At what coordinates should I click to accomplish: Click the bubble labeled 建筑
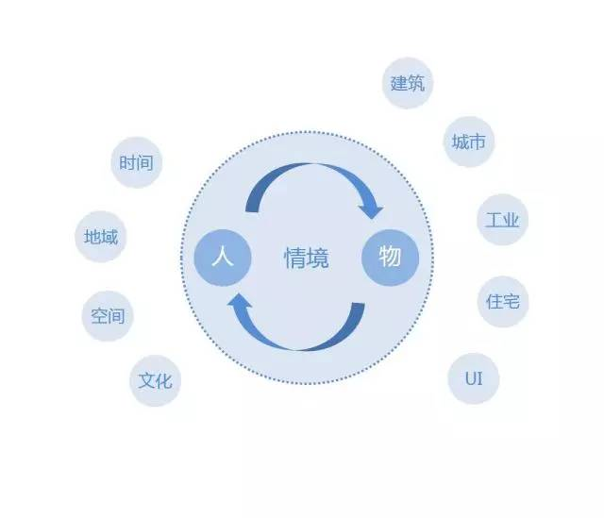click(x=408, y=83)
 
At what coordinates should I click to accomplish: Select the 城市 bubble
click(x=469, y=142)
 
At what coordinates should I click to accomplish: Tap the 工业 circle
click(x=502, y=221)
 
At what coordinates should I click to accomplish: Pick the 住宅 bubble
click(x=502, y=302)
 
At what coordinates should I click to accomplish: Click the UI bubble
click(x=473, y=378)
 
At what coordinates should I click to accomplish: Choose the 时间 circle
click(x=136, y=162)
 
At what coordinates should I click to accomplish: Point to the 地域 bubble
click(x=101, y=237)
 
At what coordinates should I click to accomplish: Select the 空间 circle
click(x=108, y=316)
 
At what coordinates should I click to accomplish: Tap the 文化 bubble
click(x=155, y=381)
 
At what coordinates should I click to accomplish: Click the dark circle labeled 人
click(x=223, y=257)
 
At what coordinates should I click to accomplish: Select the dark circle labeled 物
click(x=390, y=257)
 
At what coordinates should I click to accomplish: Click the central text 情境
click(x=307, y=258)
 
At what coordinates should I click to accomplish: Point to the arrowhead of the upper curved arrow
click(x=373, y=209)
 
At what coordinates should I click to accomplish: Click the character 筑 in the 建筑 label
click(x=416, y=83)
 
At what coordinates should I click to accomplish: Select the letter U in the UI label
click(x=468, y=378)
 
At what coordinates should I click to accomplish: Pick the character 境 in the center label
click(x=318, y=258)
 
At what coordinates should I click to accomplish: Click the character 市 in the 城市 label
click(x=478, y=142)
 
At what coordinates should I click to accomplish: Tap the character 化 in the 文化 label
click(x=163, y=381)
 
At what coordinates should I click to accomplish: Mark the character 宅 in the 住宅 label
click(x=511, y=302)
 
